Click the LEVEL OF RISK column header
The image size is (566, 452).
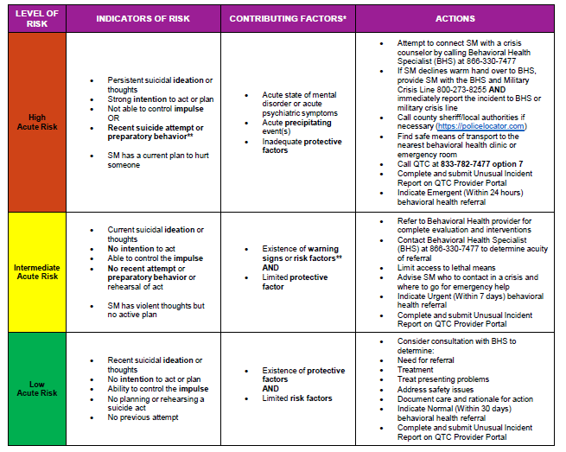(36, 18)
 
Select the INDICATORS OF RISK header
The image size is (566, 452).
(143, 18)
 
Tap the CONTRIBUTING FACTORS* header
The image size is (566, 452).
(287, 18)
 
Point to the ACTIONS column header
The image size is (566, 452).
(455, 18)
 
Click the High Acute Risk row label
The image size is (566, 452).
(36, 122)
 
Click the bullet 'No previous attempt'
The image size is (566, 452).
(143, 417)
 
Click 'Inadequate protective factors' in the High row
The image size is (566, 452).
(302, 146)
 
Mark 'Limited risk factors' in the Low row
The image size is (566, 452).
(297, 398)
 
